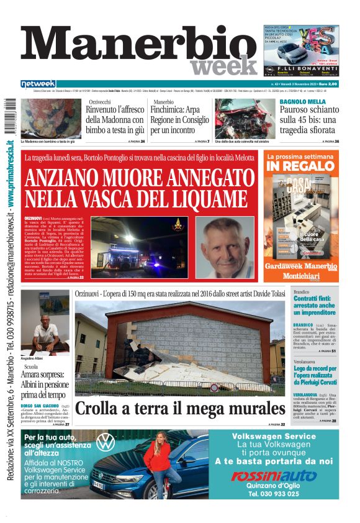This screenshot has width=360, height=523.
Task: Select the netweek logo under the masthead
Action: (x=38, y=83)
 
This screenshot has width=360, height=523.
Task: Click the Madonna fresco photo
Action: (x=51, y=118)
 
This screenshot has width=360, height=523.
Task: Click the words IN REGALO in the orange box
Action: (x=300, y=166)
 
